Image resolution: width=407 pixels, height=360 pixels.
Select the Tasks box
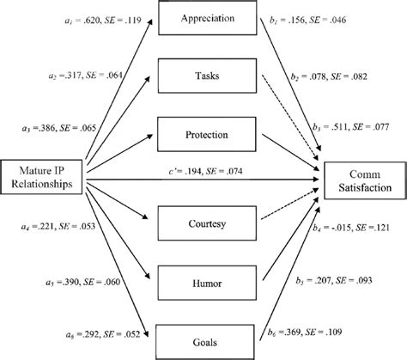pos(203,76)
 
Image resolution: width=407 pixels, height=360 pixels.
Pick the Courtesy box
pos(203,226)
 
